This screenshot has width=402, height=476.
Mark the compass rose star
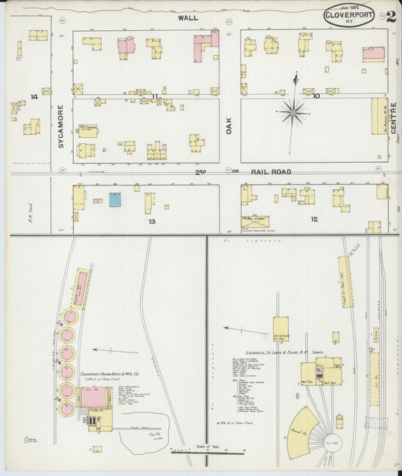[293, 113]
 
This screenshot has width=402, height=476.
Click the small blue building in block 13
[115, 200]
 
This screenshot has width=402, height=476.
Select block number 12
[314, 219]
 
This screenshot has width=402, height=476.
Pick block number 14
[33, 97]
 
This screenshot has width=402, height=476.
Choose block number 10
[316, 96]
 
